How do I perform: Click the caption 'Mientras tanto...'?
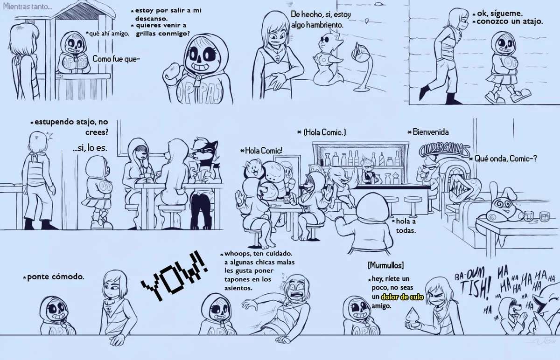(x=28, y=7)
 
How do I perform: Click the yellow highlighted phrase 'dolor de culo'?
(x=402, y=297)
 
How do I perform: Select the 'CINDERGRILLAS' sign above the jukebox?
(x=444, y=150)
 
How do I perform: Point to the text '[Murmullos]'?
(x=386, y=265)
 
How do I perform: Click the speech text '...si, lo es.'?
(x=90, y=148)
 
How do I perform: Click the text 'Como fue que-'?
(x=116, y=59)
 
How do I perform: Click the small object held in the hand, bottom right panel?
(x=413, y=316)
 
